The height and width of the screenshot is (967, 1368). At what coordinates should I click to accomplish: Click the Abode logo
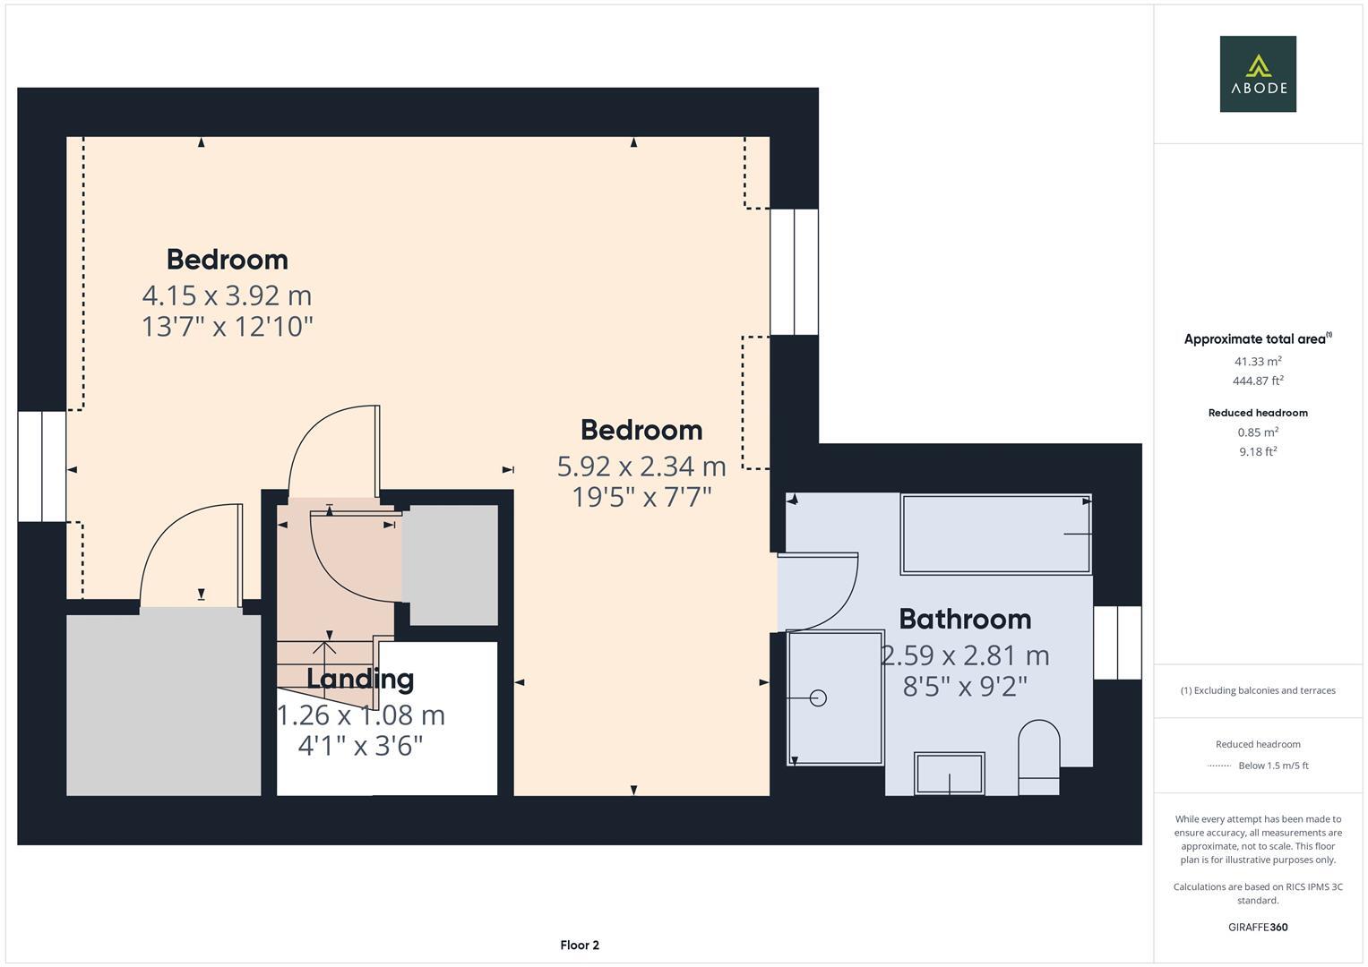(1257, 74)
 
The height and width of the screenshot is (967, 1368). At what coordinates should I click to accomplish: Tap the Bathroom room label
(964, 619)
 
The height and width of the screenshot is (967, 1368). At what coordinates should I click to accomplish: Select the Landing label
(360, 679)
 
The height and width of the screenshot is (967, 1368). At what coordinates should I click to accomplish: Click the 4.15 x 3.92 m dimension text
(227, 295)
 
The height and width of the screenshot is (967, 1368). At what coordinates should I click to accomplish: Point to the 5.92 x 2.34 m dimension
(641, 466)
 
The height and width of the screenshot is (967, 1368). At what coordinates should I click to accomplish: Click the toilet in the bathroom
(1038, 756)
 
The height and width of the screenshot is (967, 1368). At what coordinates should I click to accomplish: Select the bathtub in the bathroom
(995, 534)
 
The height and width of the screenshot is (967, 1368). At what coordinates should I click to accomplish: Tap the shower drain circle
(818, 697)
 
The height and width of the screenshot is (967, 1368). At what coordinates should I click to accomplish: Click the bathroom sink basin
(949, 773)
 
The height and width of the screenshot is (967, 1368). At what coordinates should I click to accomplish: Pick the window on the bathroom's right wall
(1116, 642)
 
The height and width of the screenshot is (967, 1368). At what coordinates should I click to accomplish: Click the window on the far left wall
(41, 466)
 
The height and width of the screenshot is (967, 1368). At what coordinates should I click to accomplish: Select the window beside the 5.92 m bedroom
(794, 271)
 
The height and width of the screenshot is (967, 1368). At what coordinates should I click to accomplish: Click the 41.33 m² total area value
(1257, 361)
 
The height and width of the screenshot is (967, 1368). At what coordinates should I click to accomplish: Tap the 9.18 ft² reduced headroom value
(1257, 451)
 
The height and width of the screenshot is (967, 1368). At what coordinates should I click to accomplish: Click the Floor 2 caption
(579, 945)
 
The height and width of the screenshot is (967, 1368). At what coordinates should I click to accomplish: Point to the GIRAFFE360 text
(1257, 927)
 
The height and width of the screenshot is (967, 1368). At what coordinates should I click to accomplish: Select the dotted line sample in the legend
(1218, 766)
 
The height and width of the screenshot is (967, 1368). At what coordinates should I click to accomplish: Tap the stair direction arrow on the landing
(324, 646)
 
